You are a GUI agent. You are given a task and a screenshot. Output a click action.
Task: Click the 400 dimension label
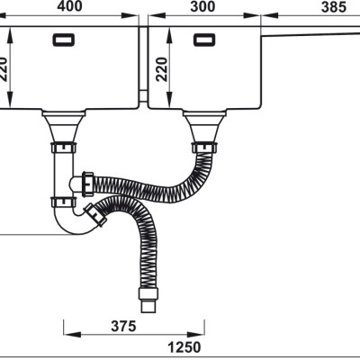69,6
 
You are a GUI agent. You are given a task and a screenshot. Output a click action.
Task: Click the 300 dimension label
202,6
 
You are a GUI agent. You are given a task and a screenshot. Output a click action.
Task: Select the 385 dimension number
334,7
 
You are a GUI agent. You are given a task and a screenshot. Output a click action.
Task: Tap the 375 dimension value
123,326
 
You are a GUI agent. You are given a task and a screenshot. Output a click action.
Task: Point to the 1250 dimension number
184,347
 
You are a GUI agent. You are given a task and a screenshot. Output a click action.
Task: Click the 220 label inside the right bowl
162,69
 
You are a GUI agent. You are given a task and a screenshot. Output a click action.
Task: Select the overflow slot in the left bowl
64,40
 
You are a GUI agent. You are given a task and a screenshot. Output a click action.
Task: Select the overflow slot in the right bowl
204,40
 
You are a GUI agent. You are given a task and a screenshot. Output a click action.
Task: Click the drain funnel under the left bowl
64,127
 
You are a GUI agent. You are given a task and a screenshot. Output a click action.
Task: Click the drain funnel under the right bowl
204,127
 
